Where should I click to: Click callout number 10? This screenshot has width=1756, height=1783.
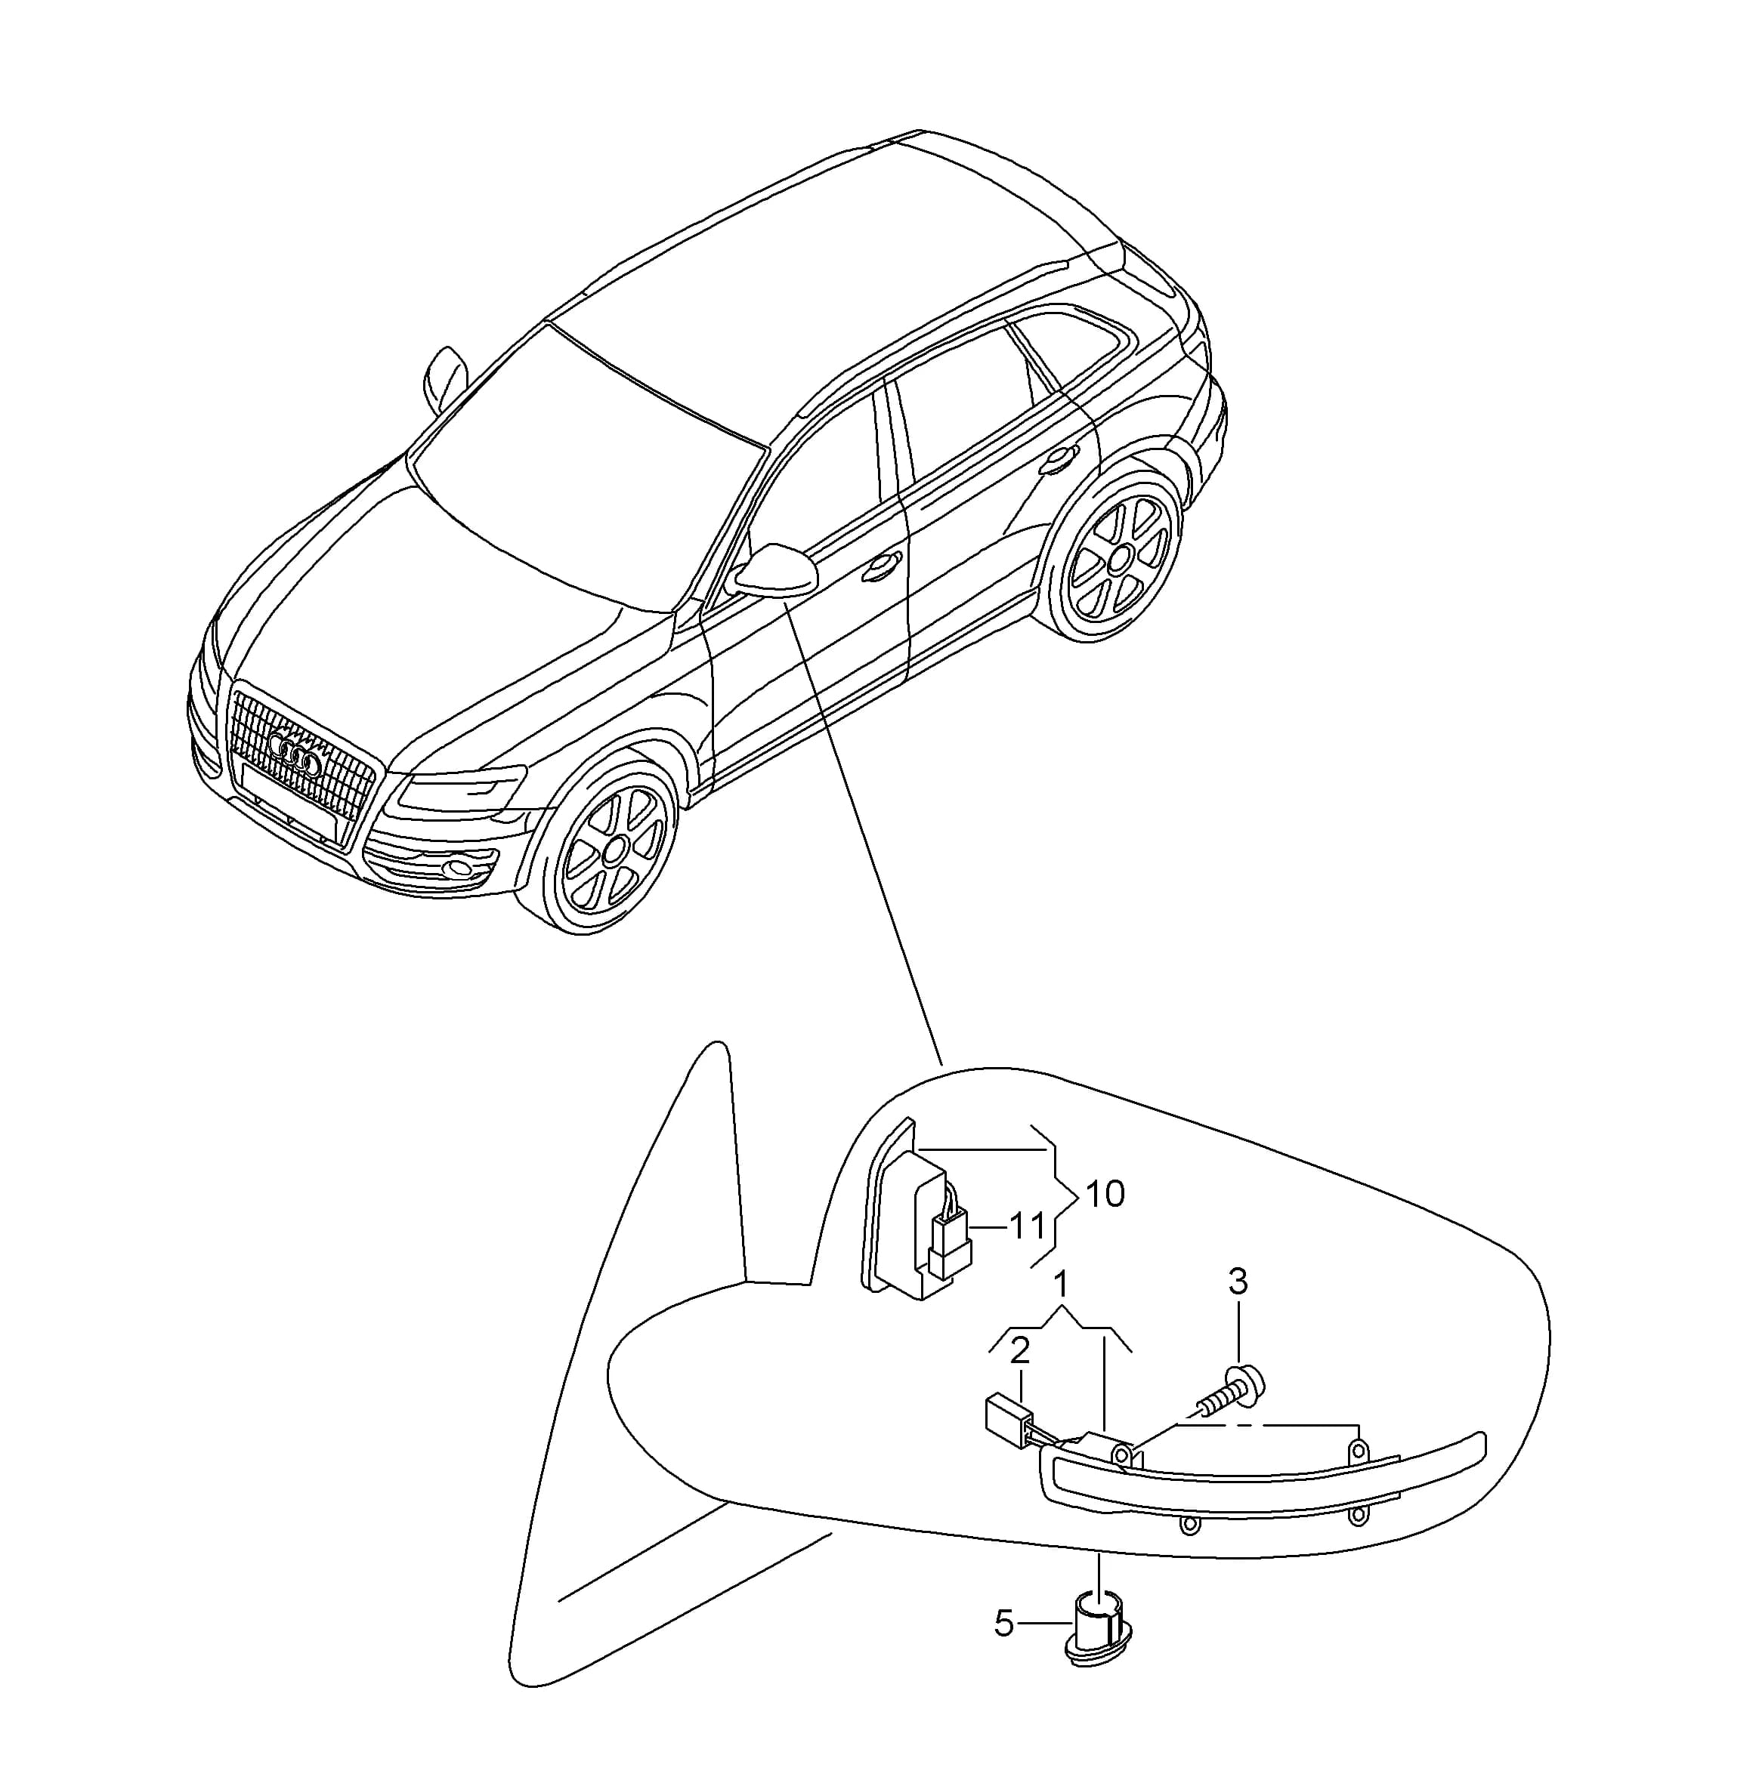pyautogui.click(x=1105, y=1195)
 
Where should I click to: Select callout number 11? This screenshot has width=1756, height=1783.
pyautogui.click(x=1027, y=1227)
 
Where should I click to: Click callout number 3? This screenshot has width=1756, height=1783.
pyautogui.click(x=1238, y=1281)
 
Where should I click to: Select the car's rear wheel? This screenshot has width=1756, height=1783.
pyautogui.click(x=1116, y=555)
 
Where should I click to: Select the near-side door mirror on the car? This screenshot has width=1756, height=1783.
pyautogui.click(x=773, y=571)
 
